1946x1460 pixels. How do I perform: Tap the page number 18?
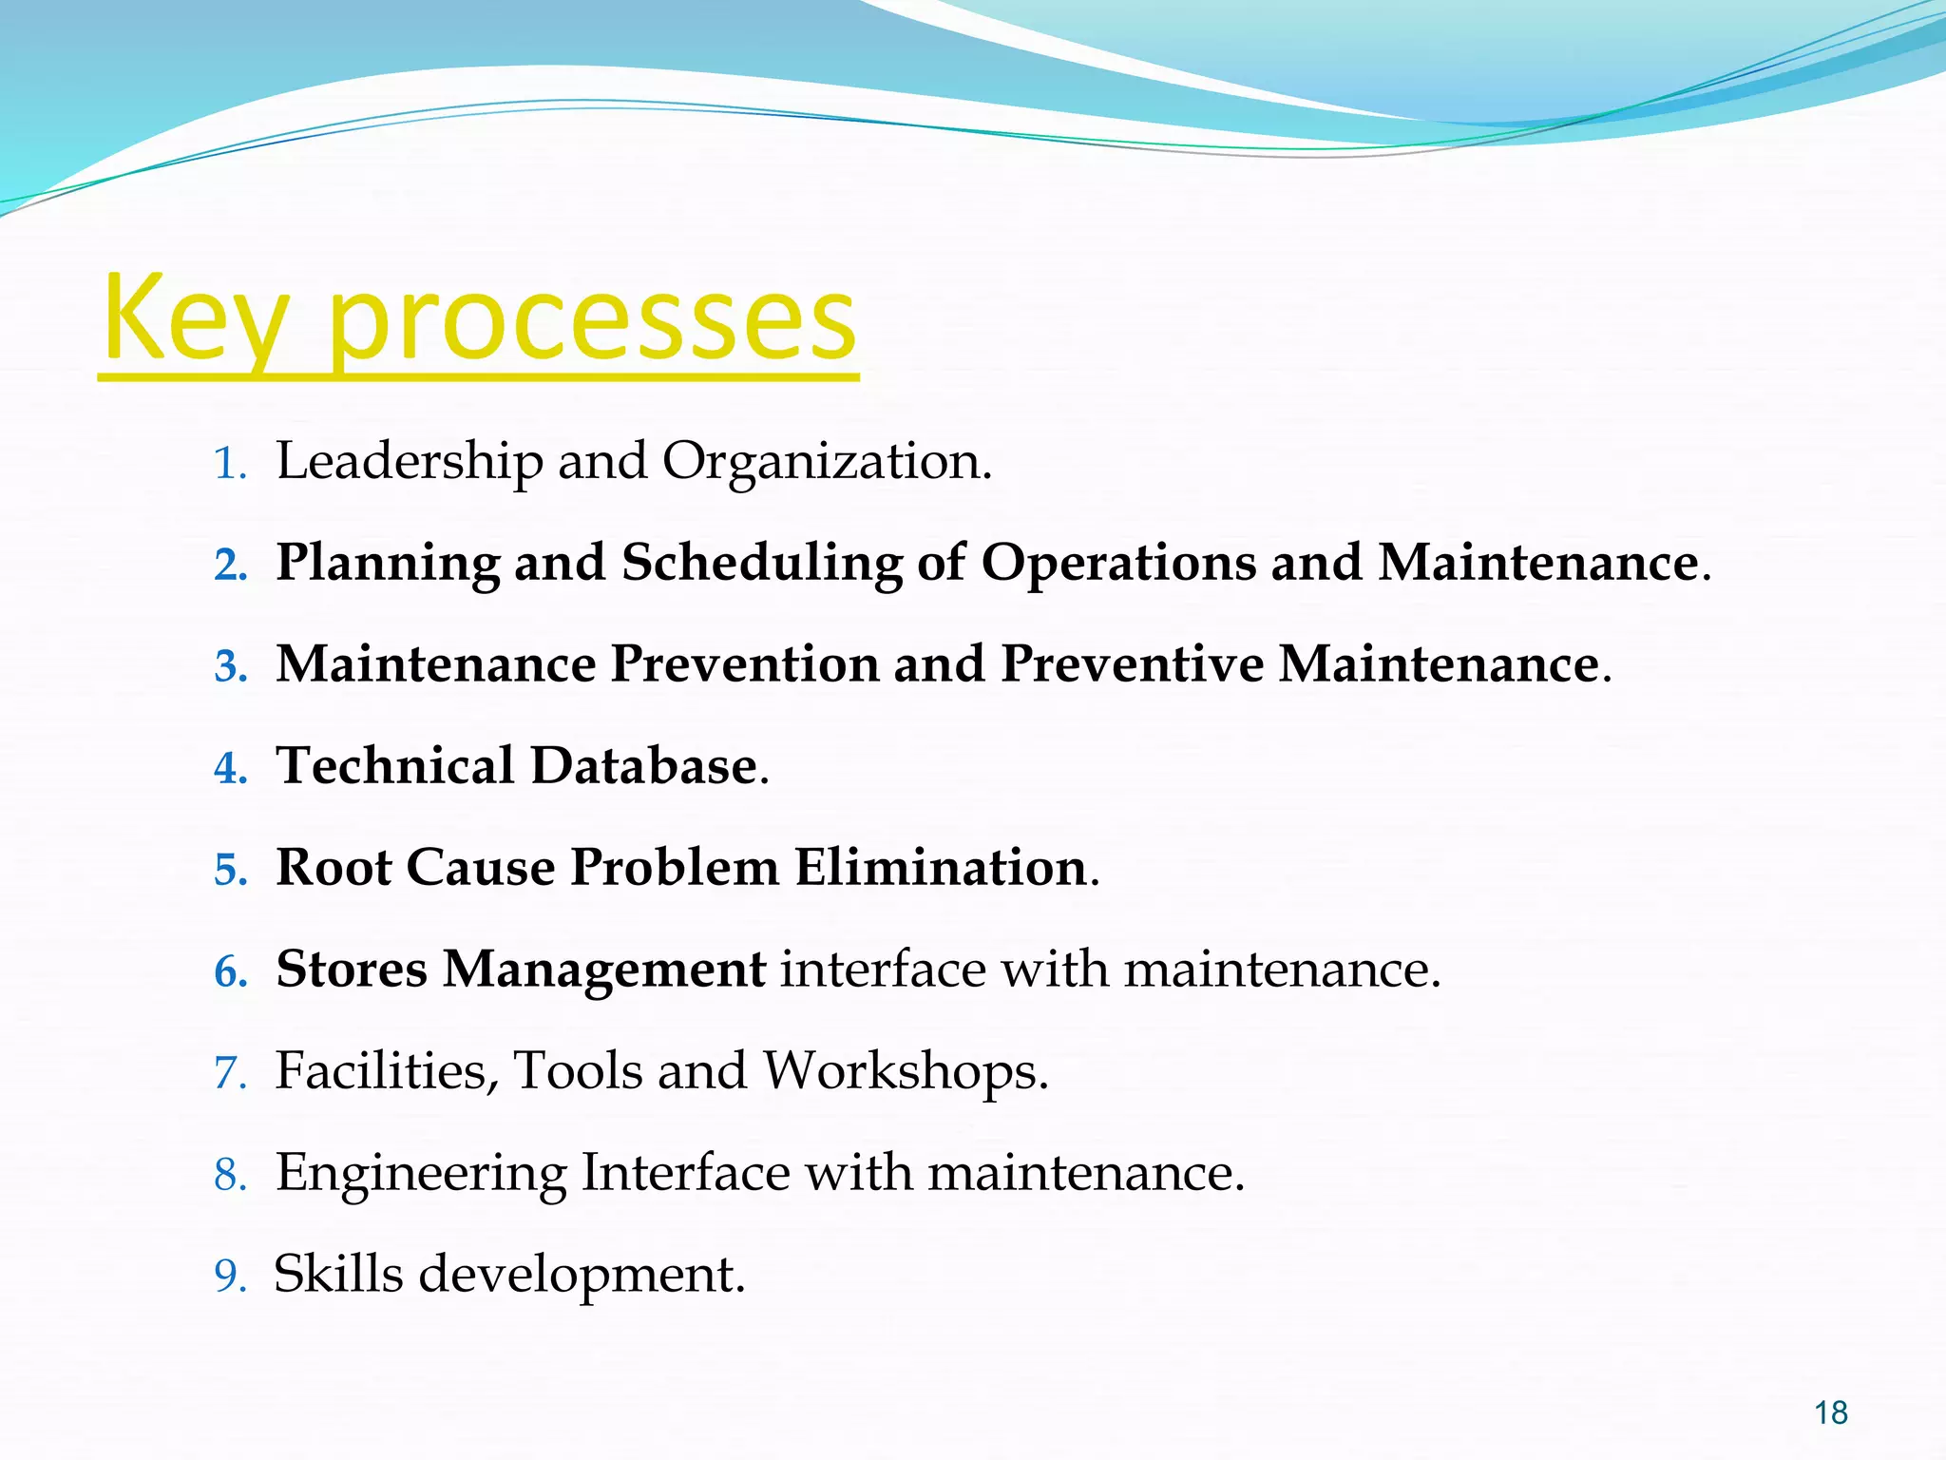click(1830, 1413)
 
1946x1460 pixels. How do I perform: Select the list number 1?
click(228, 465)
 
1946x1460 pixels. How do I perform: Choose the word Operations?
click(1117, 564)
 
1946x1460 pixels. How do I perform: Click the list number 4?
click(229, 769)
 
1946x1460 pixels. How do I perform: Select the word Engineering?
click(420, 1173)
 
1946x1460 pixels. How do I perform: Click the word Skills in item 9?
click(338, 1274)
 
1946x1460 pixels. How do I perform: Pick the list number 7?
click(229, 1074)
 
